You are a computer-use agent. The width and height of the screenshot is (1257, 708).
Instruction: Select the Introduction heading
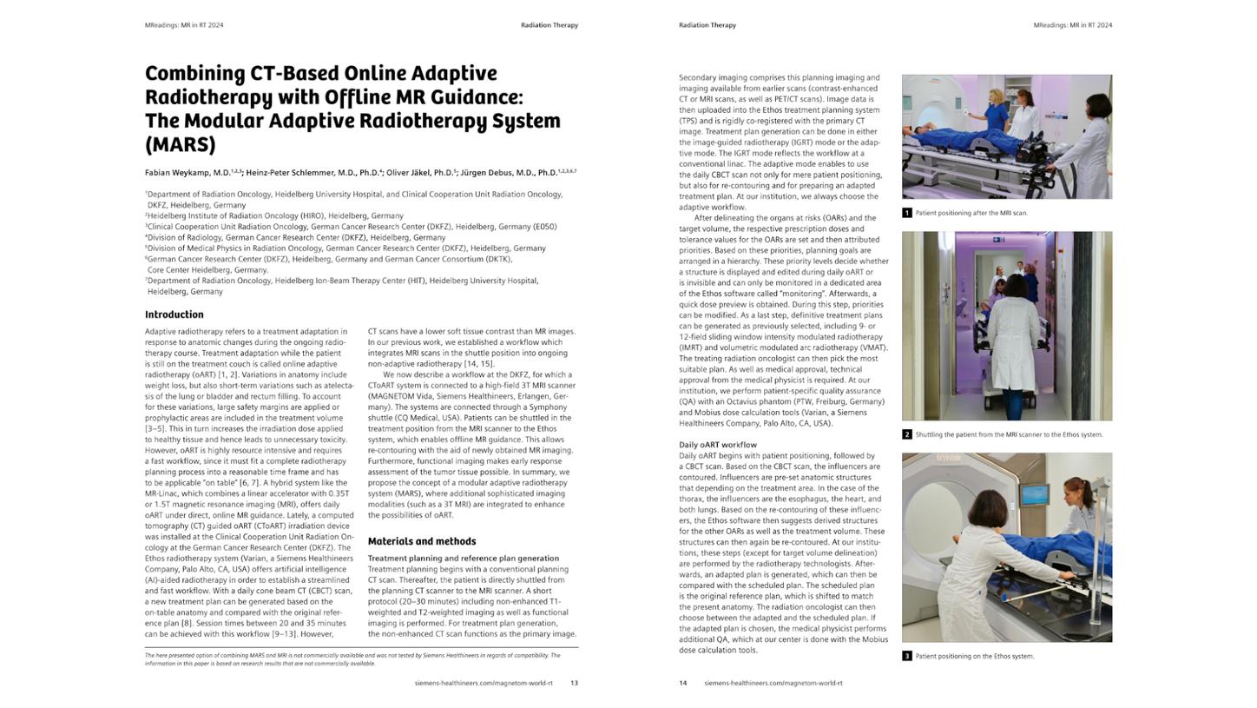[x=174, y=314]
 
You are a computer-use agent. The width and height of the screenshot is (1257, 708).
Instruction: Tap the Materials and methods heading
[x=421, y=541]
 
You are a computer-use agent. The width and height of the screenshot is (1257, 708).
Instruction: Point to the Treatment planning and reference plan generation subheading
[x=463, y=559]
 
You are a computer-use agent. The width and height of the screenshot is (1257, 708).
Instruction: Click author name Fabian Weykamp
[x=187, y=173]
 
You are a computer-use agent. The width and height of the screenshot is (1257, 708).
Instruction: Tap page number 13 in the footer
[x=574, y=683]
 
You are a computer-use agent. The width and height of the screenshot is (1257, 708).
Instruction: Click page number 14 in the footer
[x=682, y=683]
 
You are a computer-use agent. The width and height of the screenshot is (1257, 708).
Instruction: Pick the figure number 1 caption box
[x=906, y=213]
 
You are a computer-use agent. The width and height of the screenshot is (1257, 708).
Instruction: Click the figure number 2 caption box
[x=906, y=434]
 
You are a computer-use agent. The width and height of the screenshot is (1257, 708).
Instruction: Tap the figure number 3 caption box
[x=906, y=656]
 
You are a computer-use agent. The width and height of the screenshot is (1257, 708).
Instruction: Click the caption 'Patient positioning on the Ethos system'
[x=974, y=656]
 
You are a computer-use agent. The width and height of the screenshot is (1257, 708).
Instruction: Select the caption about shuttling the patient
[x=1008, y=434]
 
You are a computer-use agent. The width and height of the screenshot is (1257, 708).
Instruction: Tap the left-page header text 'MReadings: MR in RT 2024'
[x=184, y=25]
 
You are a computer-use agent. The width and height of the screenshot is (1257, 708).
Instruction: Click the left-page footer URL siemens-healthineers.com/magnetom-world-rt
[x=483, y=683]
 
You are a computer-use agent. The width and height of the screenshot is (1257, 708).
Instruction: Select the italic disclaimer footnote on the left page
[x=352, y=659]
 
